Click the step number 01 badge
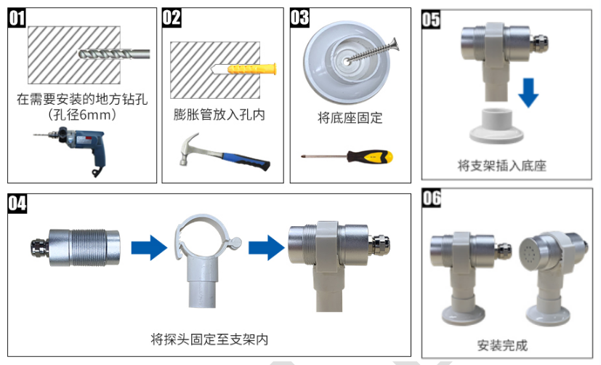pos(17,18)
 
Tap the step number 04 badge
pos(17,204)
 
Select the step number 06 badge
pos(432,198)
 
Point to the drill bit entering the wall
pos(114,54)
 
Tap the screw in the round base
pos(372,51)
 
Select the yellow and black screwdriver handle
pos(370,156)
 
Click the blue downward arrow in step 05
pos(528,92)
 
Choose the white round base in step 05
pos(497,126)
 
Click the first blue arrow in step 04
pos(149,248)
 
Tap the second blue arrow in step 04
pos(267,248)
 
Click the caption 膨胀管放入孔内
pos(219,115)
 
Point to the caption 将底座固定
pos(350,118)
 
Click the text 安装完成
pos(502,345)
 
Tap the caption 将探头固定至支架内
pos(209,340)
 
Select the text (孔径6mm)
pos(82,115)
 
